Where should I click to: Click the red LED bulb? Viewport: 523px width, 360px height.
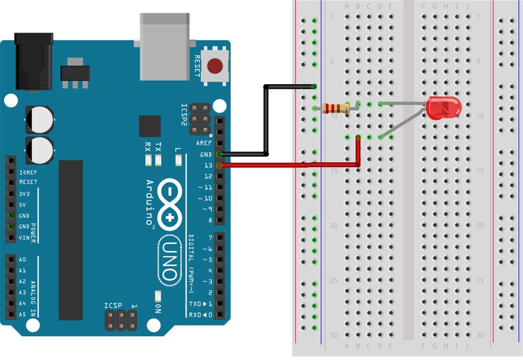[444, 108]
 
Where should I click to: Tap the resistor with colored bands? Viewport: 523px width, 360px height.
[336, 108]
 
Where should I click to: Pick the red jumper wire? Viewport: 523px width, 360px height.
[291, 166]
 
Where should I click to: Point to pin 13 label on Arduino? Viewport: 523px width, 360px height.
[206, 165]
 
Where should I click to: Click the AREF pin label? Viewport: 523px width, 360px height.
[204, 143]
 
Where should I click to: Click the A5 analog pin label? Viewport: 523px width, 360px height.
[22, 315]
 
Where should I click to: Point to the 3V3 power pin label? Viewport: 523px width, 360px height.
[24, 193]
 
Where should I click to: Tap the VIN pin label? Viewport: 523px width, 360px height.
[24, 237]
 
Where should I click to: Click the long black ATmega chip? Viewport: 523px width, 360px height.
[70, 240]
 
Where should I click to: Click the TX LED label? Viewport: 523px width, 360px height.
[159, 147]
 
